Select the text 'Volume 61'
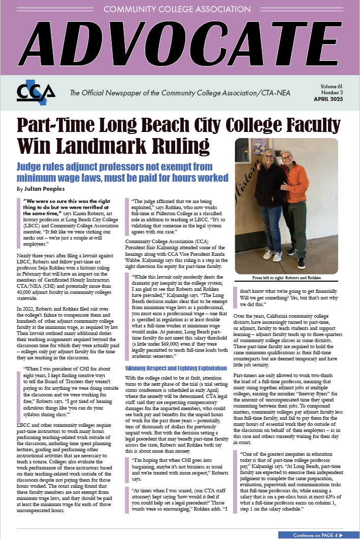(x=332, y=87)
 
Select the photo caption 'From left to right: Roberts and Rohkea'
(x=286, y=278)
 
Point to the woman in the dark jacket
(x=272, y=203)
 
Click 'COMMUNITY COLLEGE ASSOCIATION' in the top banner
(x=180, y=10)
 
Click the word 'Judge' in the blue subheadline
(x=30, y=167)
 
